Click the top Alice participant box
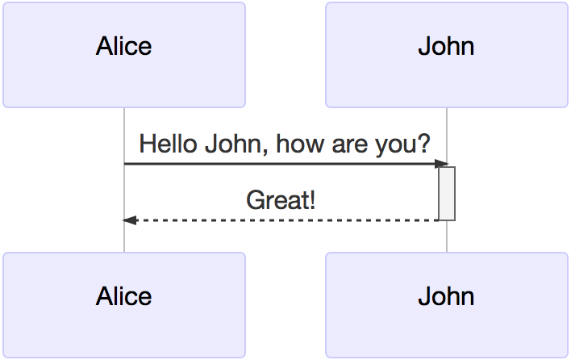pos(124,55)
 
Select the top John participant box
pos(447,55)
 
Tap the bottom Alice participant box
pos(124,305)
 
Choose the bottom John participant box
pos(447,305)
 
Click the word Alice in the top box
pos(124,46)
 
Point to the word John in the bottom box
pos(446,296)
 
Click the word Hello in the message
pos(169,144)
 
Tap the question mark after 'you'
pos(424,144)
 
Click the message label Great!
pos(281,200)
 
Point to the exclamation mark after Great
pos(311,200)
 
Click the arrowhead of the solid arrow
pos(441,164)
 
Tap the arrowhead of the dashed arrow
pos(130,220)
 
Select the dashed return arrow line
pos(281,220)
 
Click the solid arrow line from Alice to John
pos(286,164)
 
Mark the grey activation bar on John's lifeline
pos(447,194)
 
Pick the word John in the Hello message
pos(233,144)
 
